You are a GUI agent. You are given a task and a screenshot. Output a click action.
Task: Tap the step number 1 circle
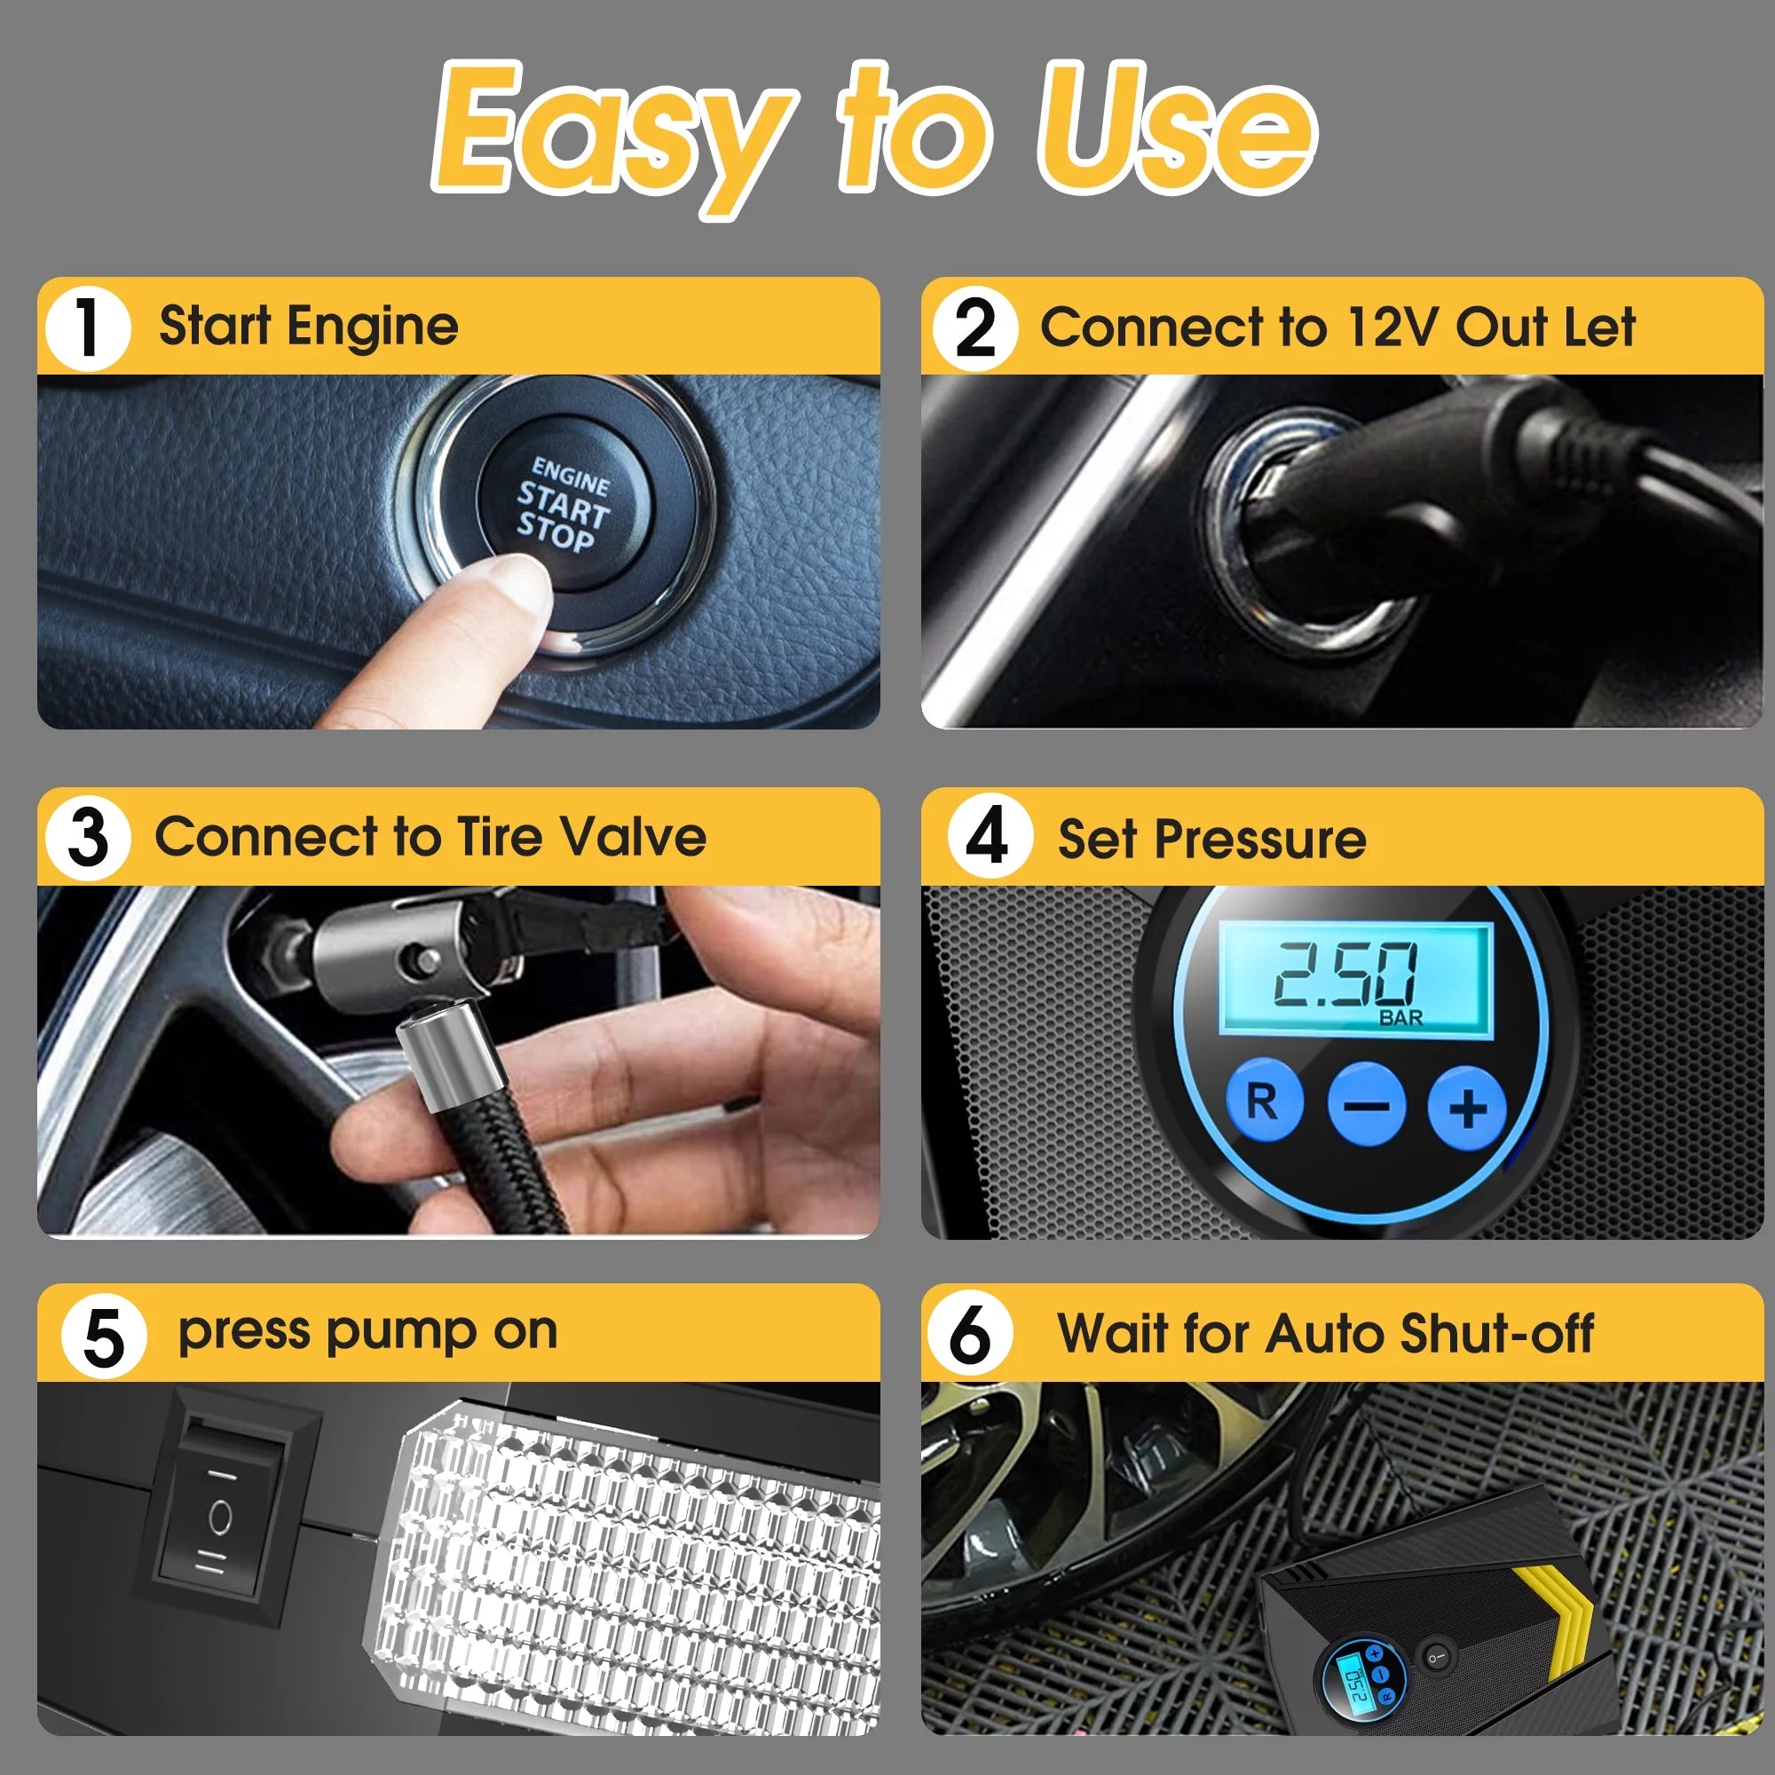click(87, 328)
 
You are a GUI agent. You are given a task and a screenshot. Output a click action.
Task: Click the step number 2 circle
click(974, 328)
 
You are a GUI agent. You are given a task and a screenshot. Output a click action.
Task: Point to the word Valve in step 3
click(633, 837)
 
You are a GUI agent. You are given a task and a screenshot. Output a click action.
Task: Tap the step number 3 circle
click(88, 838)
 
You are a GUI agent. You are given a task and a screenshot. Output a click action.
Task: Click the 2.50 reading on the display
click(1344, 974)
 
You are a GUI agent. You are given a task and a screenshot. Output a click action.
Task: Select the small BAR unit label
click(1400, 1018)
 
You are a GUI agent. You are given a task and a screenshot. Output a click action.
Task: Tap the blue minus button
click(1367, 1103)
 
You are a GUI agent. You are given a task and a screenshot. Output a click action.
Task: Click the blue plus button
click(1467, 1107)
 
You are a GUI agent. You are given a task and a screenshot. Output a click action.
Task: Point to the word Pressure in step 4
click(1259, 839)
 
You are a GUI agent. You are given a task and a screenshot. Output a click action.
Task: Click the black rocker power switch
click(219, 1516)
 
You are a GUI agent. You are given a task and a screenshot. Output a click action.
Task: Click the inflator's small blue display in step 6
click(1353, 1680)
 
